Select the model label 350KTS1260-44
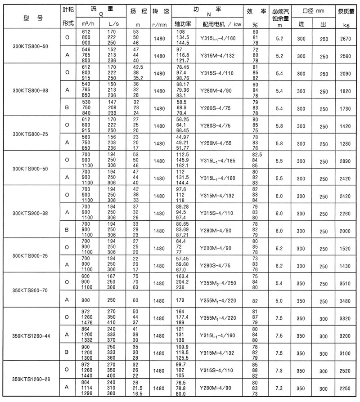[30, 335]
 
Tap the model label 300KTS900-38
[30, 213]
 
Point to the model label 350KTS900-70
[30, 290]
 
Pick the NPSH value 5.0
[279, 299]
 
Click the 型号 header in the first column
[30, 18]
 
